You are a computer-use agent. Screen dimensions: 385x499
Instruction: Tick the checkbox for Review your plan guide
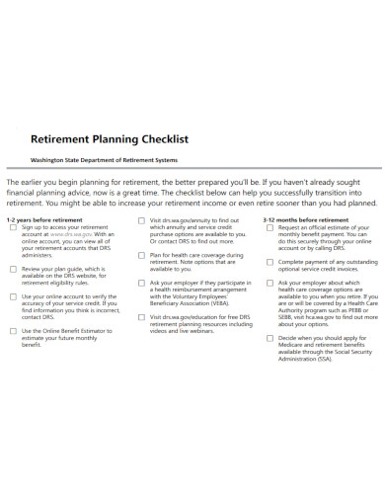[12, 269]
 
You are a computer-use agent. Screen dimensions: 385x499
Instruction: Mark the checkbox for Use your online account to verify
[12, 295]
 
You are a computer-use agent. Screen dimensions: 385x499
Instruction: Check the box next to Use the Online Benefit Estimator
[12, 330]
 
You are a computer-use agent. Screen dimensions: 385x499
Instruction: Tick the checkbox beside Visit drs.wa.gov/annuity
[141, 218]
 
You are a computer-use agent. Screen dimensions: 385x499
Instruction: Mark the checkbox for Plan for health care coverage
[141, 254]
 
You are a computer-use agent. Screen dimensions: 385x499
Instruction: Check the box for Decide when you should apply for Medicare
[270, 337]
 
